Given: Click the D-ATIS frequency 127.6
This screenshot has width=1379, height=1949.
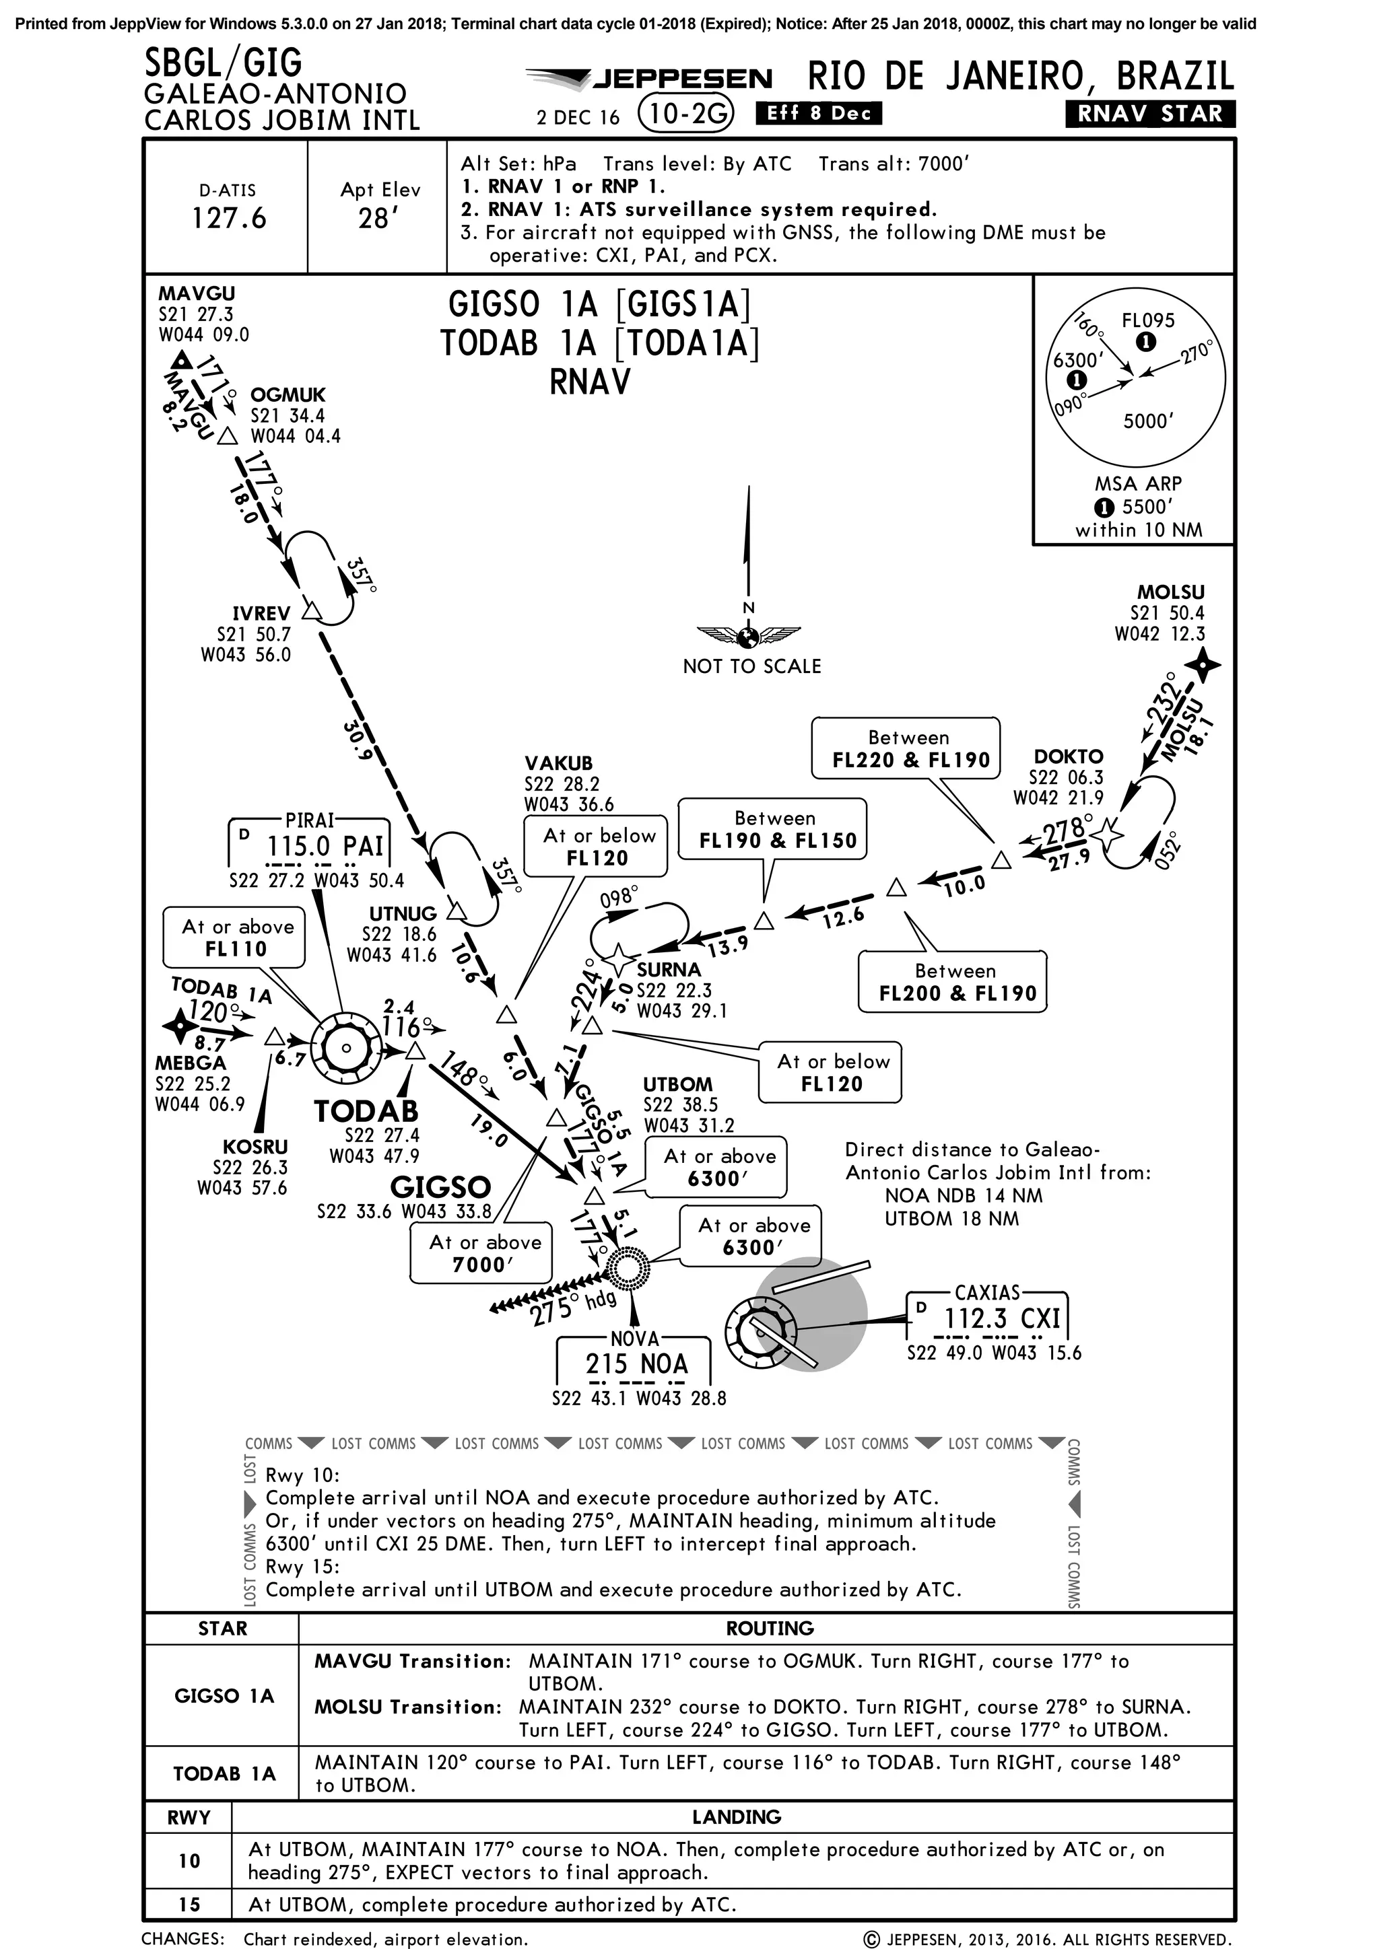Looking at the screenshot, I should (228, 218).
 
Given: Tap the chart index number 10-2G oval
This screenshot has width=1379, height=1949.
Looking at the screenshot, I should (685, 113).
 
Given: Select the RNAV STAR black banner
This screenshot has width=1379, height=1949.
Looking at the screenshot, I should (1150, 114).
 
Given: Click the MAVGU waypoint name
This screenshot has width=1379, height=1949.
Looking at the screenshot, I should (196, 293).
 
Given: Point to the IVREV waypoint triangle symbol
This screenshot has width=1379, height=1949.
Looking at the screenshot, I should (312, 611).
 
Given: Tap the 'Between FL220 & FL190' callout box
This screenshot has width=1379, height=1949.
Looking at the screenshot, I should (905, 748).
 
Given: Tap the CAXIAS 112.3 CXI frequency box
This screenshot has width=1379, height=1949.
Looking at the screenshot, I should (988, 1318).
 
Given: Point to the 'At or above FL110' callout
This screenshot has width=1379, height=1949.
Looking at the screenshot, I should (234, 938).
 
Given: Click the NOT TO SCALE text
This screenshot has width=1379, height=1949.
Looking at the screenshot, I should (751, 666).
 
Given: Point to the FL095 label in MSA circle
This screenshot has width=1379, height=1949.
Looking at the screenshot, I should (1148, 320).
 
